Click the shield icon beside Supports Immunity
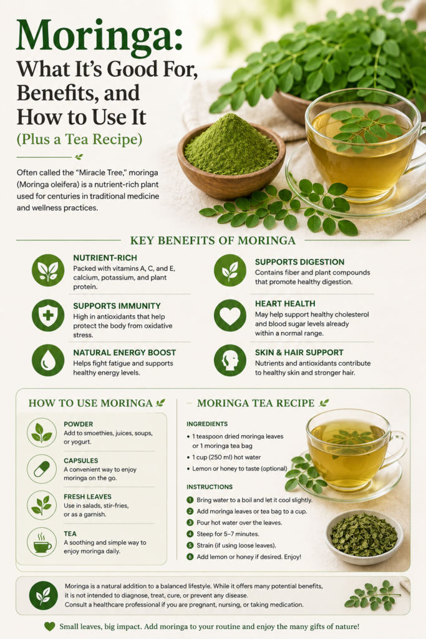click(48, 315)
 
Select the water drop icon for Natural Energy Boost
click(48, 360)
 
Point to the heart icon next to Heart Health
click(230, 315)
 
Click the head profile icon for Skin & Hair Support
click(230, 360)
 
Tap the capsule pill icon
click(42, 469)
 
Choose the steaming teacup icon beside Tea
click(42, 542)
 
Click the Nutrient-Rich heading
click(105, 258)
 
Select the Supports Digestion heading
click(300, 262)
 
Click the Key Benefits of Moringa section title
click(213, 240)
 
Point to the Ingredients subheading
click(207, 424)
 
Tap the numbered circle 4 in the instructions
click(190, 534)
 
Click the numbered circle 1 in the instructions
click(190, 500)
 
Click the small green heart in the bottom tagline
click(50, 627)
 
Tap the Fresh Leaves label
click(87, 497)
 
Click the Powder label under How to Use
click(78, 424)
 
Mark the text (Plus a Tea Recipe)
click(79, 139)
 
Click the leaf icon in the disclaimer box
click(44, 595)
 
